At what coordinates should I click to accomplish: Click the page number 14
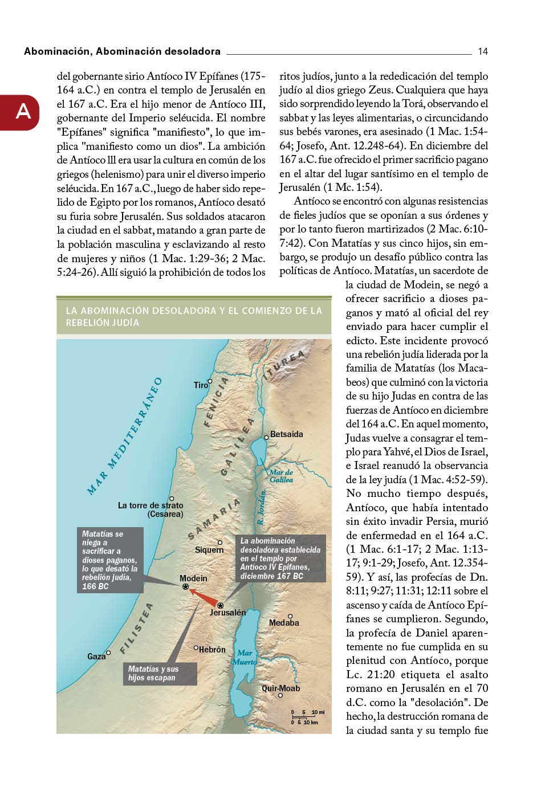(x=482, y=51)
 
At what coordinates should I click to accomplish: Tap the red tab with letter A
(x=21, y=112)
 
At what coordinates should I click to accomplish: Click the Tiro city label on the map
(x=201, y=385)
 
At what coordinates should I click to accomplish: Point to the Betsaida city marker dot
(x=266, y=438)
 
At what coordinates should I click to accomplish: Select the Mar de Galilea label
(x=281, y=476)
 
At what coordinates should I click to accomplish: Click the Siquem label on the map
(x=209, y=550)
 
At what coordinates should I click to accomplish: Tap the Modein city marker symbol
(x=185, y=586)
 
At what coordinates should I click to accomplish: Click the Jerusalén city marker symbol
(x=220, y=605)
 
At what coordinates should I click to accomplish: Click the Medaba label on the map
(x=284, y=623)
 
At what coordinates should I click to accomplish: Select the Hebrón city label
(x=212, y=650)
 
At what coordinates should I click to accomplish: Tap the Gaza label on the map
(x=96, y=657)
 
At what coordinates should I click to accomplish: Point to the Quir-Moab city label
(x=280, y=688)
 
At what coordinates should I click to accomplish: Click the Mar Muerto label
(x=245, y=657)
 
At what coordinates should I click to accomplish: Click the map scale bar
(x=307, y=717)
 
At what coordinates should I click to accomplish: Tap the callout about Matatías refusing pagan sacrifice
(x=109, y=560)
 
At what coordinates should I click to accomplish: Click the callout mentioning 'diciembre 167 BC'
(x=280, y=558)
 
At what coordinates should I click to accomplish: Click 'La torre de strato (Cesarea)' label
(x=151, y=509)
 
